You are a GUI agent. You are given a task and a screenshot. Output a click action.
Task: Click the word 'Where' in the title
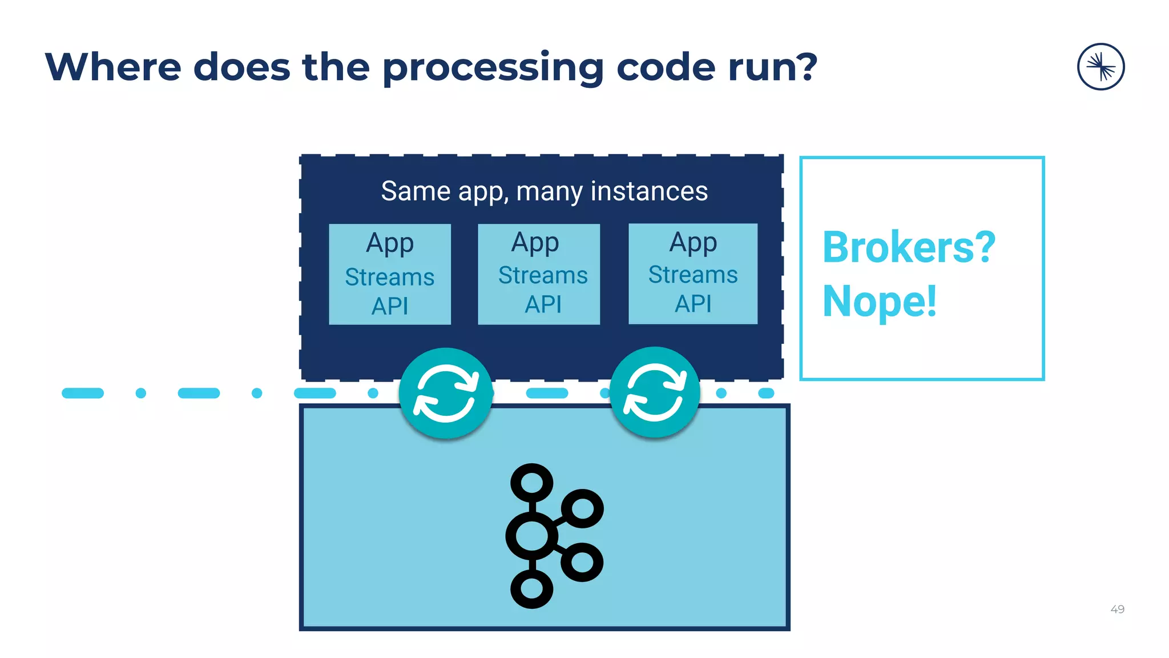(x=112, y=67)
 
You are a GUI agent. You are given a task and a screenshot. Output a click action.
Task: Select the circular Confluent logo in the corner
(x=1101, y=67)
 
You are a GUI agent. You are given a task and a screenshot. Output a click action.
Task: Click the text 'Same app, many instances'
(x=544, y=191)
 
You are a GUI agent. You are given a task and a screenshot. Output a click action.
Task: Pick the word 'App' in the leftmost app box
(x=390, y=243)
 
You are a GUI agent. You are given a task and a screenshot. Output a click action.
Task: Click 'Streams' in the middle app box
(x=543, y=275)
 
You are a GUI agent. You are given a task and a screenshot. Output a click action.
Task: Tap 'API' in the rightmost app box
(x=693, y=304)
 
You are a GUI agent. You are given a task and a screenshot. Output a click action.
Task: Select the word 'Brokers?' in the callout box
(x=909, y=248)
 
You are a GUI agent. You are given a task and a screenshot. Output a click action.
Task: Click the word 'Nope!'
(x=880, y=301)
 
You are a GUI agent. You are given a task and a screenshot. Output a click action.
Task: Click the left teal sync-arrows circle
(x=446, y=393)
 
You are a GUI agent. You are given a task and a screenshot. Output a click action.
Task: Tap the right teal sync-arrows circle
(x=655, y=392)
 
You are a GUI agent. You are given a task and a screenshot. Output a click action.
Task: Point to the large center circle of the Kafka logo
(x=531, y=536)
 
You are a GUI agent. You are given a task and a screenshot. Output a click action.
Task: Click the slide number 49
(x=1117, y=609)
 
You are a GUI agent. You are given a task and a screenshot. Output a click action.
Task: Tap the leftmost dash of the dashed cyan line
(x=83, y=393)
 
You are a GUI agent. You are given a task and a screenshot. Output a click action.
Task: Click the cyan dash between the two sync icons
(x=547, y=393)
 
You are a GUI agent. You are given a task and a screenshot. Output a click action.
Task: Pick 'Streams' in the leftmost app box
(x=390, y=277)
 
